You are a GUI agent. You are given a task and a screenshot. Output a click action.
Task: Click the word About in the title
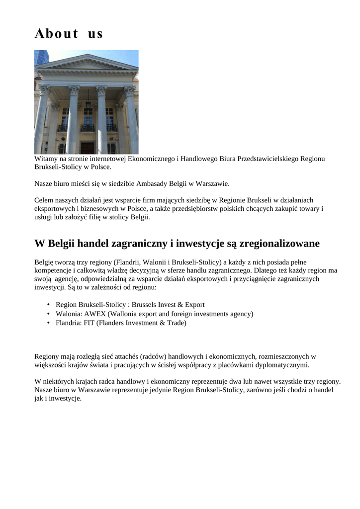(56, 34)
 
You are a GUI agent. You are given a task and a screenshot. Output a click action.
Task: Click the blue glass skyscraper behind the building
(41, 57)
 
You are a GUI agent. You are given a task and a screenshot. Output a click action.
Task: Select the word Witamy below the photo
(46, 159)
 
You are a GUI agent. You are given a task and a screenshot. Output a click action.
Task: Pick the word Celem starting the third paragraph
(44, 200)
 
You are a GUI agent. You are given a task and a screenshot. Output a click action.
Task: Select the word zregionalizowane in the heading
(279, 244)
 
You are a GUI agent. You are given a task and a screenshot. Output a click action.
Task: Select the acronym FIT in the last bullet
(90, 323)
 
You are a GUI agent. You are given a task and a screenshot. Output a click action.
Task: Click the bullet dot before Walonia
(48, 314)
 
